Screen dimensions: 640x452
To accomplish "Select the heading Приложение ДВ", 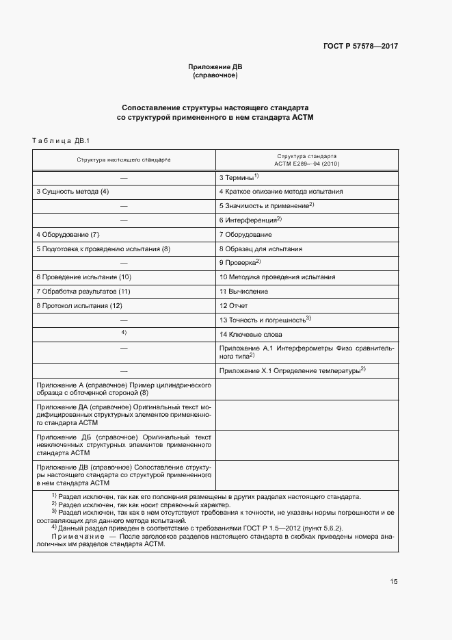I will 215,67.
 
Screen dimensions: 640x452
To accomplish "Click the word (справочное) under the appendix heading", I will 215,75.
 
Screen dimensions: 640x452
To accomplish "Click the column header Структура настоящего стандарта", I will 124,159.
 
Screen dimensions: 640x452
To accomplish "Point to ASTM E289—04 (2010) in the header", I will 306,164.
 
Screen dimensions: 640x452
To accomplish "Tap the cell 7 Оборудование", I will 245,234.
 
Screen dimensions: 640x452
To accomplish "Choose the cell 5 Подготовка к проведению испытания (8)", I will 103,248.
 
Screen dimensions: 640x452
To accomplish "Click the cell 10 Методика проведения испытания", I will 277,277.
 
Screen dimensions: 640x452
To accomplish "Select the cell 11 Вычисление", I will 243,292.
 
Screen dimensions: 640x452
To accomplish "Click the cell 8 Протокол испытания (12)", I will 79,305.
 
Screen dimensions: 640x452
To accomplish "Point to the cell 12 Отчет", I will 233,305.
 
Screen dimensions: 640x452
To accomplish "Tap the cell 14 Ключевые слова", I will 250,334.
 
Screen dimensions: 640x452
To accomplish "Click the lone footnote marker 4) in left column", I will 124,333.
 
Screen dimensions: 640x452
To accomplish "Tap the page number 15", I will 393,582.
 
